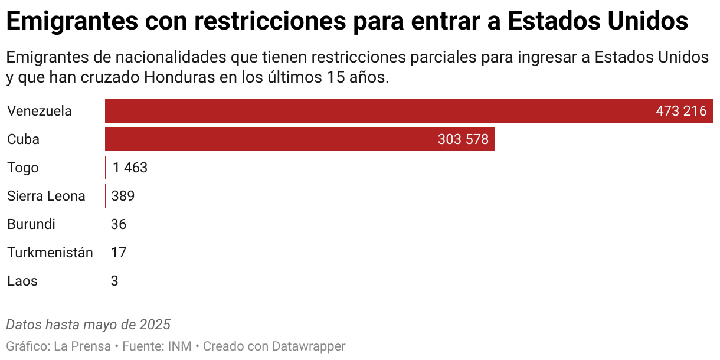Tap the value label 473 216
click(x=681, y=111)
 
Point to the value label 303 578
click(x=463, y=139)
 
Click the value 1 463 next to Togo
click(x=130, y=168)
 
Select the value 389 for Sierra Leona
click(x=123, y=196)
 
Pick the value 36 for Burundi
click(x=119, y=224)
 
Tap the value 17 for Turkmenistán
click(x=119, y=253)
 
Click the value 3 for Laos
click(x=114, y=281)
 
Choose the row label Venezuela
click(x=40, y=111)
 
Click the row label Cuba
click(x=24, y=139)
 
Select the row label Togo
click(x=23, y=168)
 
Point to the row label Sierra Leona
click(x=46, y=196)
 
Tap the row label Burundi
click(x=31, y=224)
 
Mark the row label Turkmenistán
click(x=50, y=253)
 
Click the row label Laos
click(x=22, y=281)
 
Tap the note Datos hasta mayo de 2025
click(x=89, y=325)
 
